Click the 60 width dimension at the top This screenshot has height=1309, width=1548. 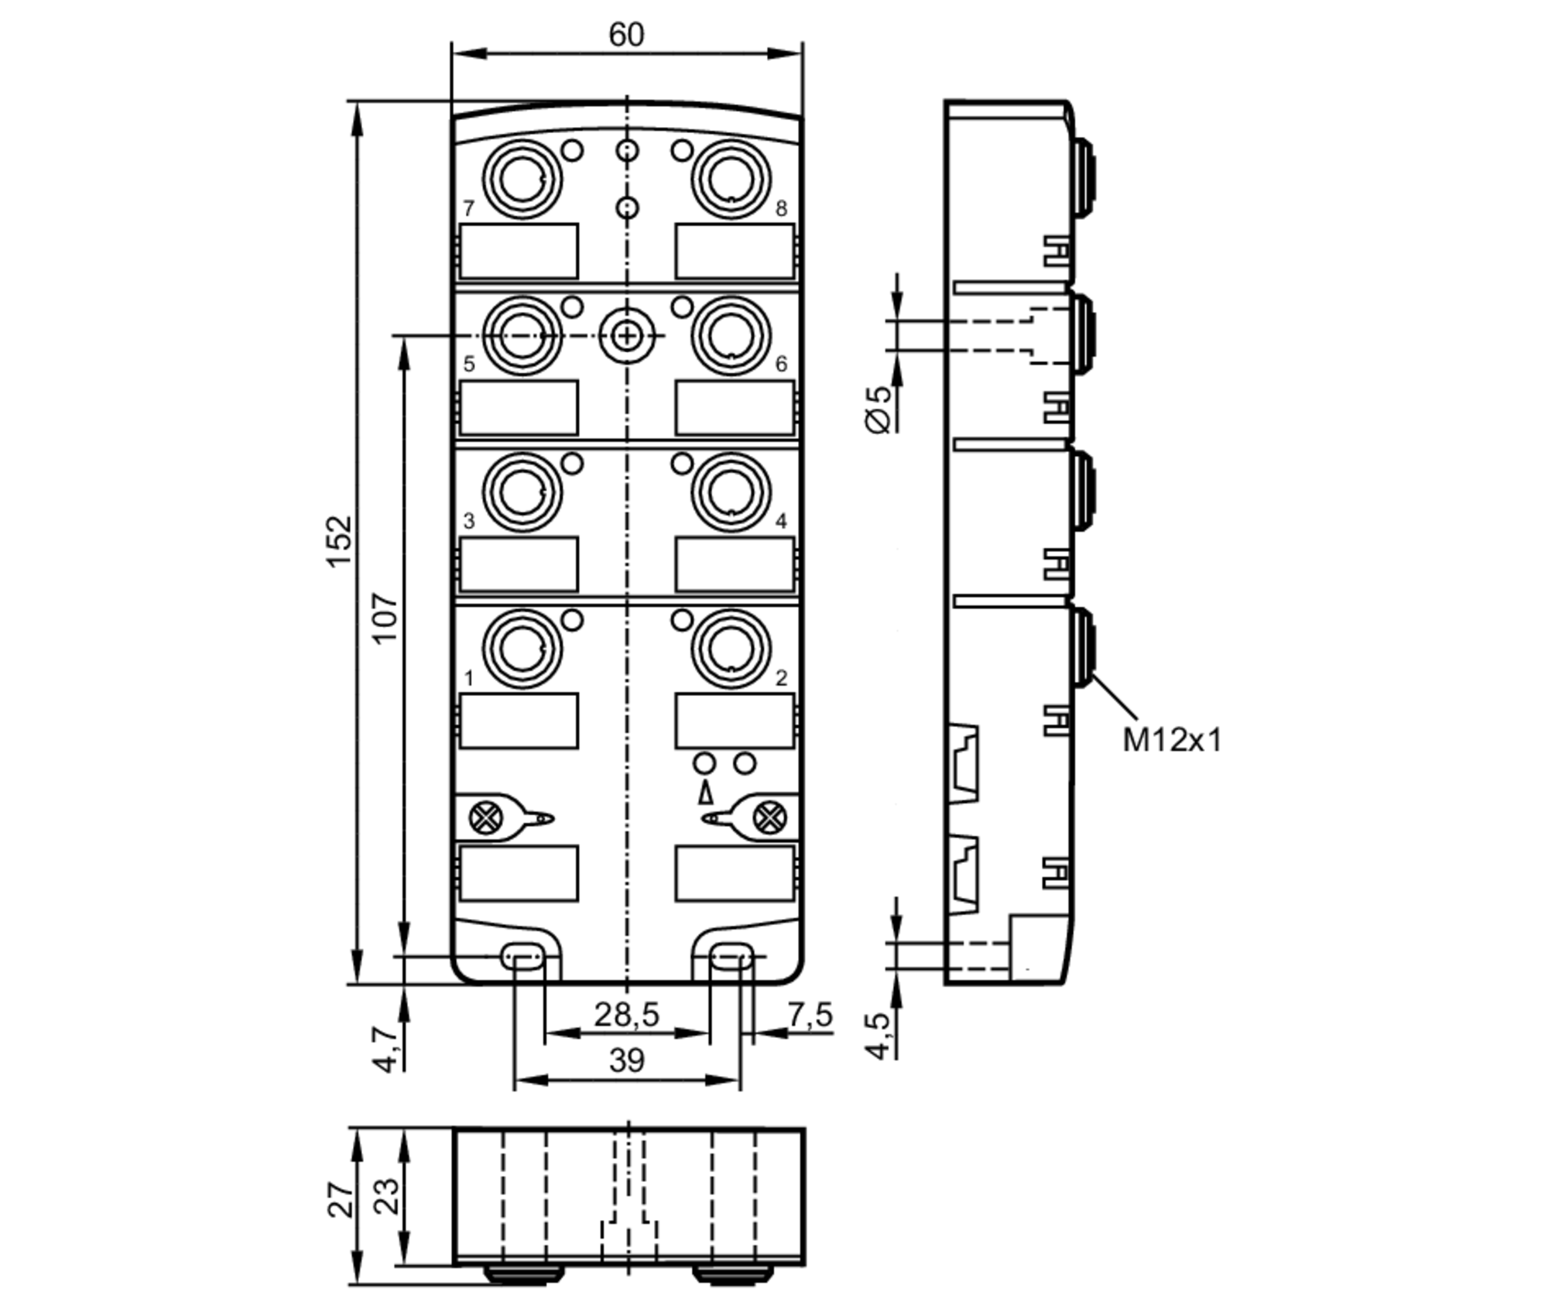(625, 35)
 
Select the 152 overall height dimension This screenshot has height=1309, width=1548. (339, 541)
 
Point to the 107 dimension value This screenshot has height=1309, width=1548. (385, 617)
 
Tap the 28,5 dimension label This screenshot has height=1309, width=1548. (626, 1014)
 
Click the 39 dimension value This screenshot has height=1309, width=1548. (626, 1060)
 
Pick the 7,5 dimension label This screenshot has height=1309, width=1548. (810, 1014)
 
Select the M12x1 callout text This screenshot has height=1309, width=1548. (1172, 741)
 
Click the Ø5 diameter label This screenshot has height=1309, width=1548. (879, 410)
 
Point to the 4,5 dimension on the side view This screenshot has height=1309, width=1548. (879, 1035)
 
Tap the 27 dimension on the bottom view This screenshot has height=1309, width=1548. (341, 1200)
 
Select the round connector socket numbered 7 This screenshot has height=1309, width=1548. (522, 179)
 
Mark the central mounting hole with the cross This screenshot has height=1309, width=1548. (627, 336)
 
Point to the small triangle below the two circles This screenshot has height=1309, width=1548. (705, 793)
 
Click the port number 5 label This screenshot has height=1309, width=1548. (468, 364)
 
